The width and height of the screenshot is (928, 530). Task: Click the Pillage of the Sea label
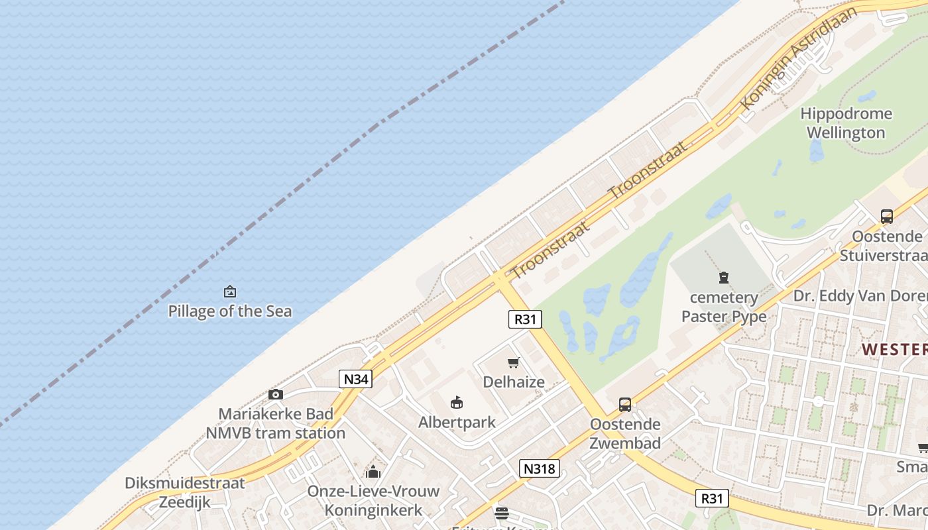tap(229, 311)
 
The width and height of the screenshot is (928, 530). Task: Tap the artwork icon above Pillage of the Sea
tap(230, 291)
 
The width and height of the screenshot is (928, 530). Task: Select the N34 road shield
tap(356, 379)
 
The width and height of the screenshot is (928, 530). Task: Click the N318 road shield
tap(540, 468)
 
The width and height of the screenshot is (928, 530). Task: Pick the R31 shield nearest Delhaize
tap(525, 319)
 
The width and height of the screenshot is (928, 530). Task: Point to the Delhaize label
tap(514, 382)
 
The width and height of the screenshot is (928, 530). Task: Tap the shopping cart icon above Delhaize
tap(513, 362)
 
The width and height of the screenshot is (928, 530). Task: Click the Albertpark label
tap(457, 421)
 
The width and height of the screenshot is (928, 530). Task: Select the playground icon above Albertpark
tap(456, 402)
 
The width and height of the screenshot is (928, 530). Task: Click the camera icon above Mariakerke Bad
tap(276, 395)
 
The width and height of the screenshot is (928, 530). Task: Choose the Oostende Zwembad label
tap(625, 433)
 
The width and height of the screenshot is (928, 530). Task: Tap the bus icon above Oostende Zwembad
tap(624, 404)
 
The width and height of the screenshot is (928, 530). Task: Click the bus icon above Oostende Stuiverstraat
tap(887, 216)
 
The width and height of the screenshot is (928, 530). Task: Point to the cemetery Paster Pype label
tap(724, 307)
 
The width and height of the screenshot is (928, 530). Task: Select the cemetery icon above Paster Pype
tap(724, 278)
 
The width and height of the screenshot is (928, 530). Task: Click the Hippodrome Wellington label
tap(845, 123)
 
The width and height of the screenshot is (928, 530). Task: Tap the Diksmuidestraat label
tap(185, 483)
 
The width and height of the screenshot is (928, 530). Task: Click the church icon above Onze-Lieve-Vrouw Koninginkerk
tap(373, 472)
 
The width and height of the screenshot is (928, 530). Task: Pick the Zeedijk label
tap(185, 502)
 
